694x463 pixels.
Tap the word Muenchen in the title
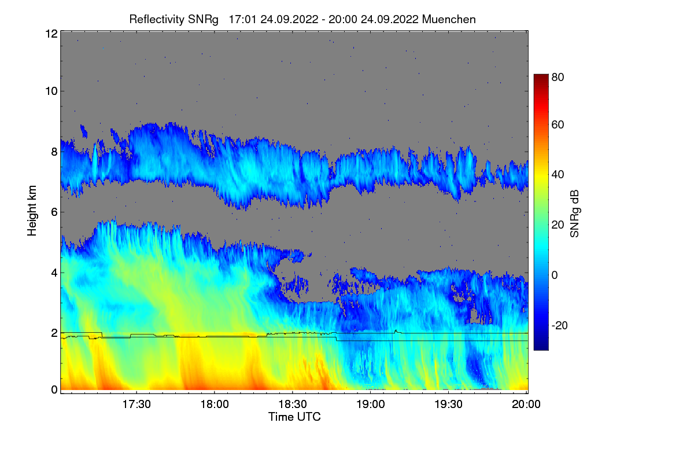(449, 19)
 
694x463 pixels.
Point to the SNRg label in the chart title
(202, 19)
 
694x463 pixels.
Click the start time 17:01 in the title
(243, 19)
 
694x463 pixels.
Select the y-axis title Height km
(32, 210)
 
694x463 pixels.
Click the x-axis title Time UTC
(294, 417)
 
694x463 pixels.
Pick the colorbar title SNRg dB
(575, 212)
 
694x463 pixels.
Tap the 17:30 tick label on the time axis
(136, 405)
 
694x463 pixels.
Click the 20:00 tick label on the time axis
(526, 405)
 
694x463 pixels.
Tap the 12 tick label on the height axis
(50, 34)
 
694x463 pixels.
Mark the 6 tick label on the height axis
(53, 212)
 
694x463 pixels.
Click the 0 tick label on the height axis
(53, 389)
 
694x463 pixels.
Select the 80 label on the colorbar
(558, 76)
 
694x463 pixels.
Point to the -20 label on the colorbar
(560, 325)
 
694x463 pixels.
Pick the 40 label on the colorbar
(558, 175)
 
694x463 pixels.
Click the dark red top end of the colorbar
(541, 77)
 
